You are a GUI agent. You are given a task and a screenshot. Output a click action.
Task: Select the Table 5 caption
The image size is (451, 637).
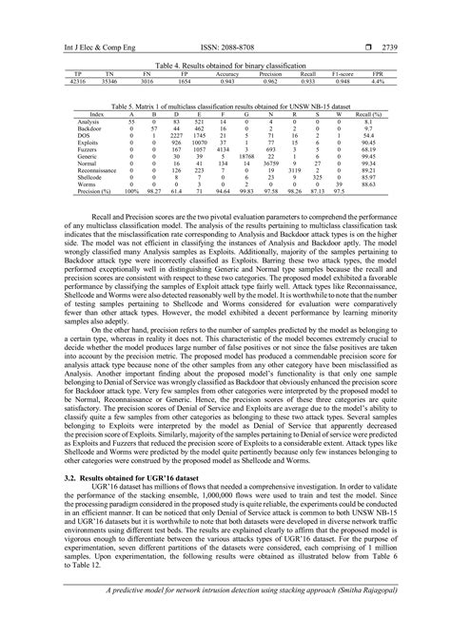[225, 106]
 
